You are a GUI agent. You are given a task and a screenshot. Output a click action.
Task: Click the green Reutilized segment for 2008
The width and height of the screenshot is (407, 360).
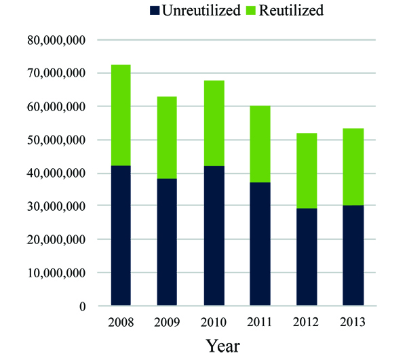click(x=121, y=115)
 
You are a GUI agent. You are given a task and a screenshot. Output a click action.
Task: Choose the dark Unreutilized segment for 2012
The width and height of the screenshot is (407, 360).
click(x=307, y=258)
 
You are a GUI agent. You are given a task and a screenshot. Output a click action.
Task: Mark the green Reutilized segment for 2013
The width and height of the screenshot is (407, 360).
click(x=353, y=167)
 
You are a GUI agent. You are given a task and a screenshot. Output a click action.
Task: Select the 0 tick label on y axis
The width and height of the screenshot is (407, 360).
click(x=83, y=306)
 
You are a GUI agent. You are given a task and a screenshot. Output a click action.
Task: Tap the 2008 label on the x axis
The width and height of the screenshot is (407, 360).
click(x=121, y=322)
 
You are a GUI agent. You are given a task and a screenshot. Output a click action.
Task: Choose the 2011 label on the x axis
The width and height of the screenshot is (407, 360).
click(x=260, y=322)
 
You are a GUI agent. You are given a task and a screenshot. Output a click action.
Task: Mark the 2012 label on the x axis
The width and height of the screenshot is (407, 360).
click(x=307, y=322)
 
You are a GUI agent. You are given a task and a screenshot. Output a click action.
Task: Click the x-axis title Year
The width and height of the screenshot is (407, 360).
click(x=223, y=345)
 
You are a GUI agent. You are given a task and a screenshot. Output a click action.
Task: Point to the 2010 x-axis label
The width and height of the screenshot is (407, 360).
click(x=214, y=322)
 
